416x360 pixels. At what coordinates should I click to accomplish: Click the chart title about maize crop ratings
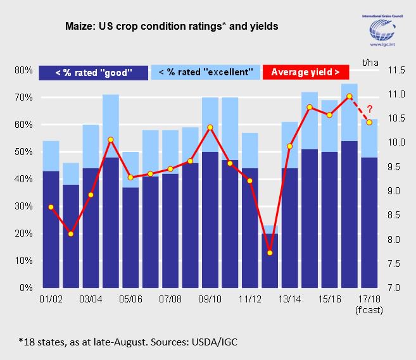click(x=172, y=27)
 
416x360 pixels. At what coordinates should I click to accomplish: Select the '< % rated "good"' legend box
click(x=93, y=72)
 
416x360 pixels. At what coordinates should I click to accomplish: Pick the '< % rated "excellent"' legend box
click(x=206, y=72)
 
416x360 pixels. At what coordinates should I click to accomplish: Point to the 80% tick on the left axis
click(x=24, y=70)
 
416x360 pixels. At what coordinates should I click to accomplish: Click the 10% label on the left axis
click(x=24, y=261)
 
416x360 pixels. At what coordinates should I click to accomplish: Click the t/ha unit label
click(x=370, y=61)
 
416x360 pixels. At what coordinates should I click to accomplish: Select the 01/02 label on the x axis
click(x=51, y=299)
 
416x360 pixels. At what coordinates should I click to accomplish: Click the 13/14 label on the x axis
click(x=289, y=299)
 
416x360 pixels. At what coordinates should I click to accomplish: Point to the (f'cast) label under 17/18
click(x=368, y=309)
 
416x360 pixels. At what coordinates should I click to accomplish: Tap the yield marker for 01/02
click(x=51, y=207)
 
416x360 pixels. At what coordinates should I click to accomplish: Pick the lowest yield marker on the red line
click(x=270, y=253)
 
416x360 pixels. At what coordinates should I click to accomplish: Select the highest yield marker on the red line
click(x=349, y=96)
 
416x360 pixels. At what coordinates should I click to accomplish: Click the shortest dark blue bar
click(x=270, y=261)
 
